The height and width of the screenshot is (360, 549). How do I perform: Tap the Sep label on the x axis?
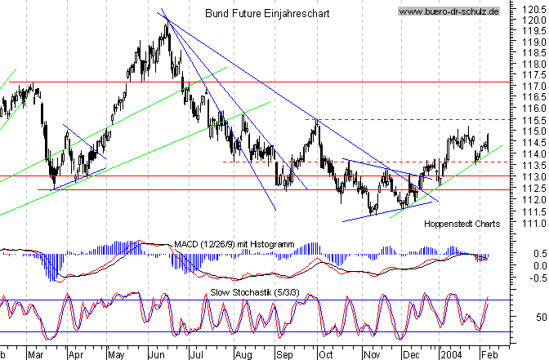pyautogui.click(x=282, y=355)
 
